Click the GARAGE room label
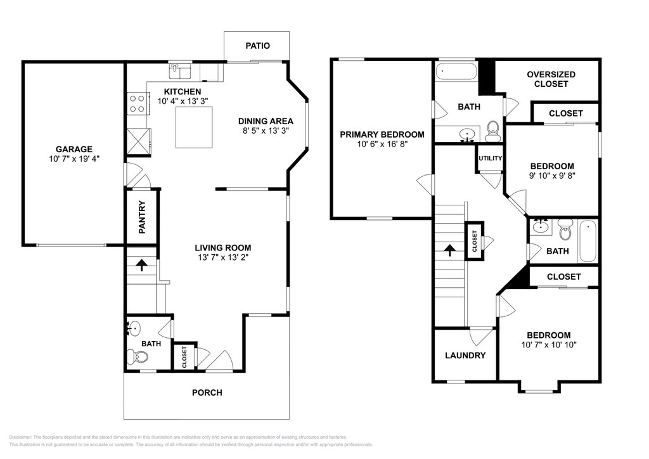tap(74, 149)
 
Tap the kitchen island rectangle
tap(194, 127)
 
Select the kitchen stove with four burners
tap(137, 103)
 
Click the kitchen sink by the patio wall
tap(180, 71)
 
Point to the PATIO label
tap(257, 46)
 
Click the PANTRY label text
tap(142, 217)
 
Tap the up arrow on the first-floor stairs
tap(142, 265)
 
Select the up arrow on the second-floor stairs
tap(450, 250)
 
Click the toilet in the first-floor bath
tap(138, 356)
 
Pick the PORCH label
tap(207, 392)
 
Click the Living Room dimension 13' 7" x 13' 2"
tap(223, 257)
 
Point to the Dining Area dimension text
tap(266, 131)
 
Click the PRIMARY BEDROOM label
tap(382, 134)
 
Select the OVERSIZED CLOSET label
tap(551, 79)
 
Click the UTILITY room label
tap(491, 158)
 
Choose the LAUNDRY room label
tap(465, 356)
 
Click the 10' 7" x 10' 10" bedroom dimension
tap(549, 345)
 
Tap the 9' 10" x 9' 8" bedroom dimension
tap(552, 176)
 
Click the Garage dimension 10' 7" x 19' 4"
tap(75, 158)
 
